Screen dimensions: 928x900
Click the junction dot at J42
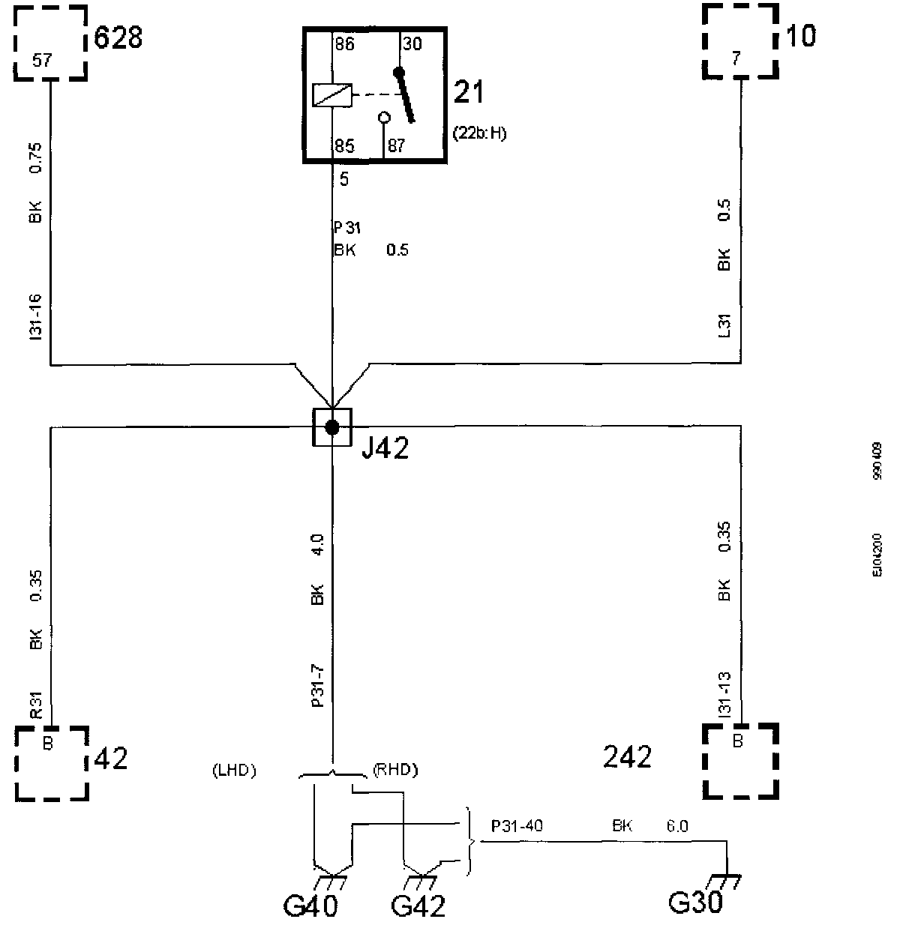click(x=331, y=427)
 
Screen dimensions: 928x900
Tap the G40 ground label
click(x=310, y=906)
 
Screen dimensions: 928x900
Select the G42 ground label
click(x=418, y=906)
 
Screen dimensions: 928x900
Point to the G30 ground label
click(x=695, y=902)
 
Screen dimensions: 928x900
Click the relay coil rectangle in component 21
click(x=331, y=95)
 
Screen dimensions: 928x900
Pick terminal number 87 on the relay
click(x=396, y=146)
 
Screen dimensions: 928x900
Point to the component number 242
click(x=627, y=758)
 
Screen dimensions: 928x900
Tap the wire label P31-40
click(x=517, y=826)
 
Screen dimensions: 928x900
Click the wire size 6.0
click(x=677, y=826)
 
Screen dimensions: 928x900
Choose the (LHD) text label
click(x=233, y=770)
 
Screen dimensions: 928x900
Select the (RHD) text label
click(x=394, y=770)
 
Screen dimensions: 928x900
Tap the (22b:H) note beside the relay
click(x=480, y=133)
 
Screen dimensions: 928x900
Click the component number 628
click(x=118, y=37)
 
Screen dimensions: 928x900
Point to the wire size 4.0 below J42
click(x=317, y=543)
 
